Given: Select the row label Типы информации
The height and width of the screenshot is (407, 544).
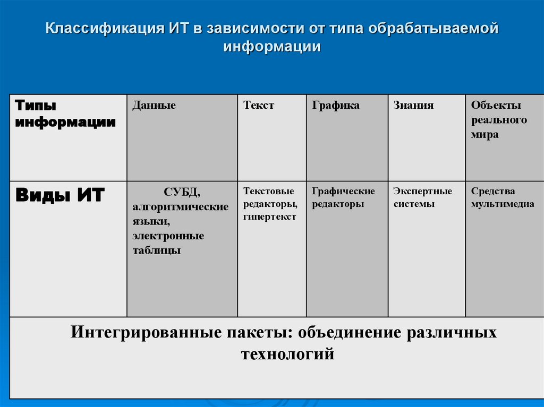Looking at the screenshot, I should pyautogui.click(x=65, y=114).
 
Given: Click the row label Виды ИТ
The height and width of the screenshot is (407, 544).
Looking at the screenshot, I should pyautogui.click(x=60, y=195).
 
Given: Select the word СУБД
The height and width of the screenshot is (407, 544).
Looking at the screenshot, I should pyautogui.click(x=182, y=192).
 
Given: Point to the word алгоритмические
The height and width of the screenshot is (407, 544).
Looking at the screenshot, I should pyautogui.click(x=181, y=206).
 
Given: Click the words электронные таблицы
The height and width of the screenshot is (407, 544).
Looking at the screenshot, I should pyautogui.click(x=168, y=243).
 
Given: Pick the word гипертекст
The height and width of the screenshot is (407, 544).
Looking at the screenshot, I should pyautogui.click(x=270, y=217).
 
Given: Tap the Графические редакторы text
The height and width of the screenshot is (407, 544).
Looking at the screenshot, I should pyautogui.click(x=343, y=197).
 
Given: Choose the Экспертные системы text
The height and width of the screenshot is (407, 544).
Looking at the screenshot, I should pyautogui.click(x=422, y=197).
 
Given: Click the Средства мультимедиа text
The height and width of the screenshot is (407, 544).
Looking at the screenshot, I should pyautogui.click(x=503, y=197).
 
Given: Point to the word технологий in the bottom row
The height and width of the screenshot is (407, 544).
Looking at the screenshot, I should pyautogui.click(x=287, y=354).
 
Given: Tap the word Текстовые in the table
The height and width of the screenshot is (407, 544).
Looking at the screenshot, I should pyautogui.click(x=269, y=191).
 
